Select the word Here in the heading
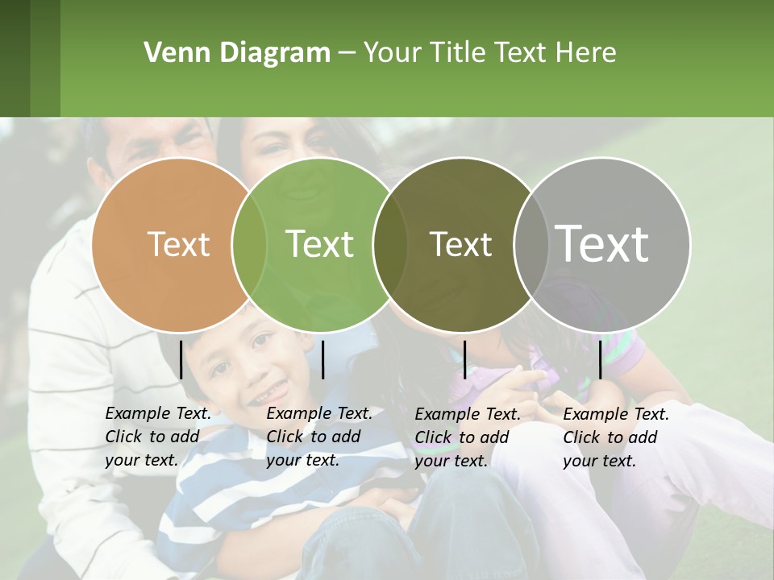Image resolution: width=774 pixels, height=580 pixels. pos(588,53)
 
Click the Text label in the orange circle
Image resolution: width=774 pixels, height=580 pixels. pos(178,244)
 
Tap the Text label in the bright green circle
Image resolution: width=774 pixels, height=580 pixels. pos(319,244)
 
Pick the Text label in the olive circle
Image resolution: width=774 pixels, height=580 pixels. pos(460,244)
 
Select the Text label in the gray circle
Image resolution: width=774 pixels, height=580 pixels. pos(602,243)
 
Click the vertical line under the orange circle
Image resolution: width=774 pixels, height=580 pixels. pos(181,359)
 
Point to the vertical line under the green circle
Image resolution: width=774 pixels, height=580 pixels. pos(322,359)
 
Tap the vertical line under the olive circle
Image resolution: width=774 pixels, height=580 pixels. pos(464,359)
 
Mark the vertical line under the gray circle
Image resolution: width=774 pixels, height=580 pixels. pos(601,359)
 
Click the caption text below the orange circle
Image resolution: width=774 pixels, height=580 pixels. pos(158,437)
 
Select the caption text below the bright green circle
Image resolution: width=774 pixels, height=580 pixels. pos(319,437)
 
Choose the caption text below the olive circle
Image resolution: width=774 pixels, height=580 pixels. pos(468,437)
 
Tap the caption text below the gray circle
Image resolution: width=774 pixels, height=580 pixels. pos(616,437)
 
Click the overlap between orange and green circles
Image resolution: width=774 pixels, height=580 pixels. pos(249,244)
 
